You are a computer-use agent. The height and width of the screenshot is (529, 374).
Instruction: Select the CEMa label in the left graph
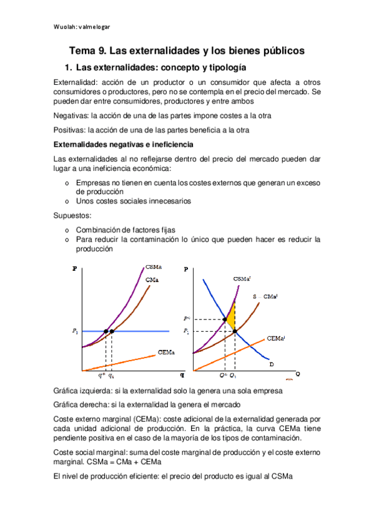(x=166, y=353)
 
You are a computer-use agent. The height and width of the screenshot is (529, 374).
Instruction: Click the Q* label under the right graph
(x=222, y=376)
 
